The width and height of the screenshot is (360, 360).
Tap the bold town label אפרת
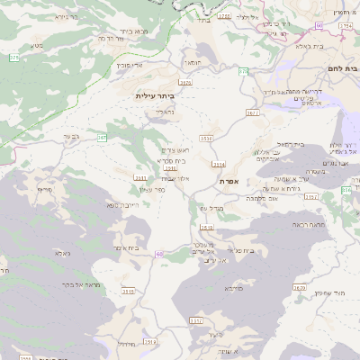click(x=228, y=181)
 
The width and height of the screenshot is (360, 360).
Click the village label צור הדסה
click(x=110, y=39)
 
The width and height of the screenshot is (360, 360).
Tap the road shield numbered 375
click(x=13, y=58)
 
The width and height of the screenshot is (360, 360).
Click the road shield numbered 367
click(x=102, y=138)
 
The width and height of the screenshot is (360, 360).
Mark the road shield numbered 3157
click(x=196, y=320)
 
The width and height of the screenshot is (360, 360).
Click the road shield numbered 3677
click(x=251, y=113)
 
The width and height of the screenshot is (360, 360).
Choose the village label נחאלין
click(x=168, y=112)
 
